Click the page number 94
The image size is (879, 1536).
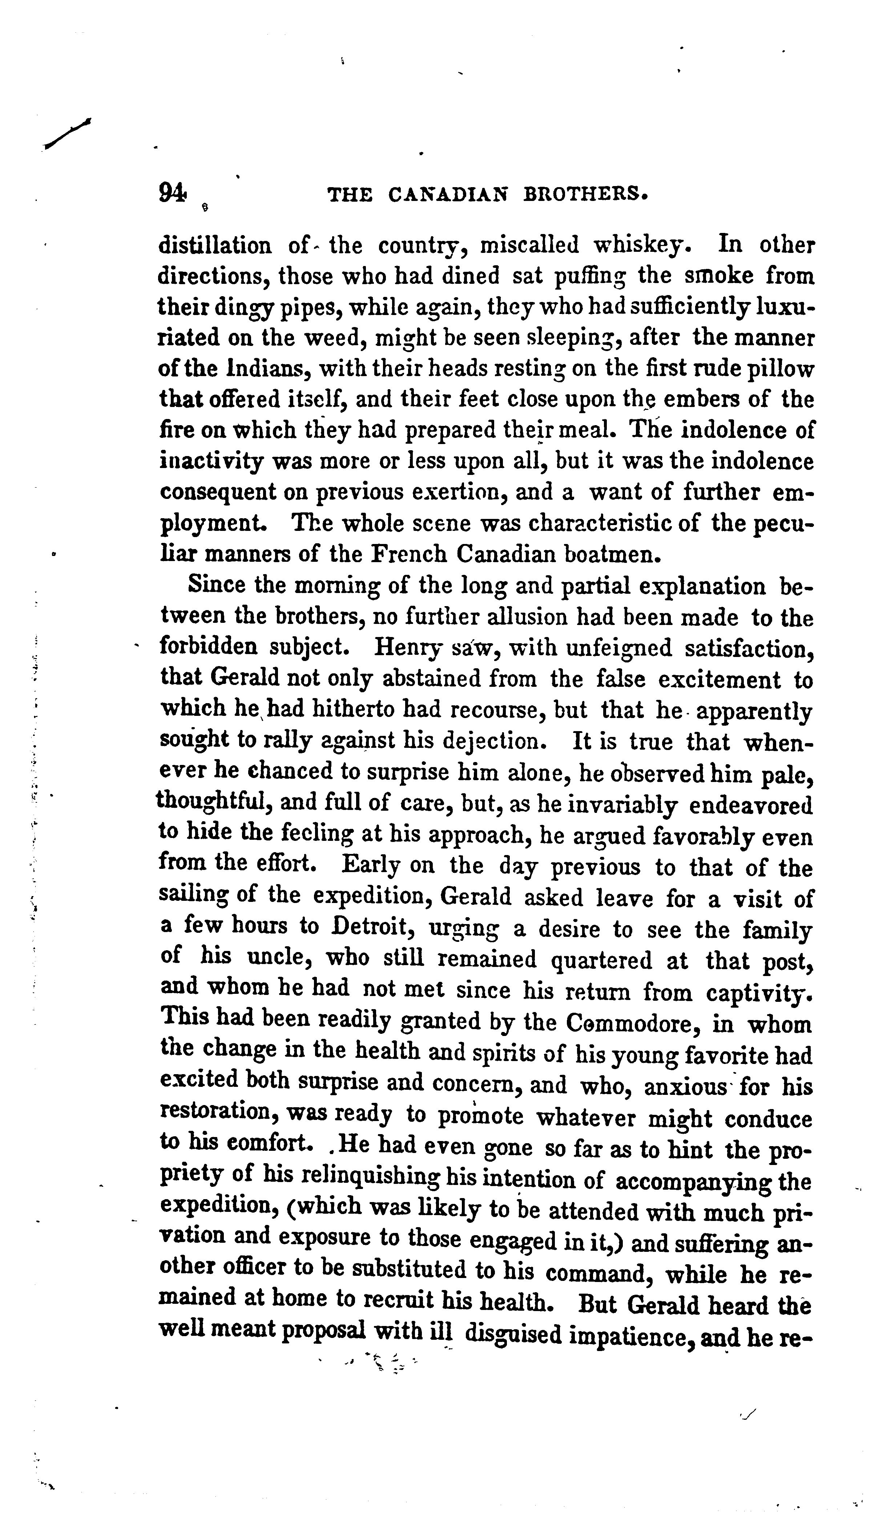pyautogui.click(x=172, y=193)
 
